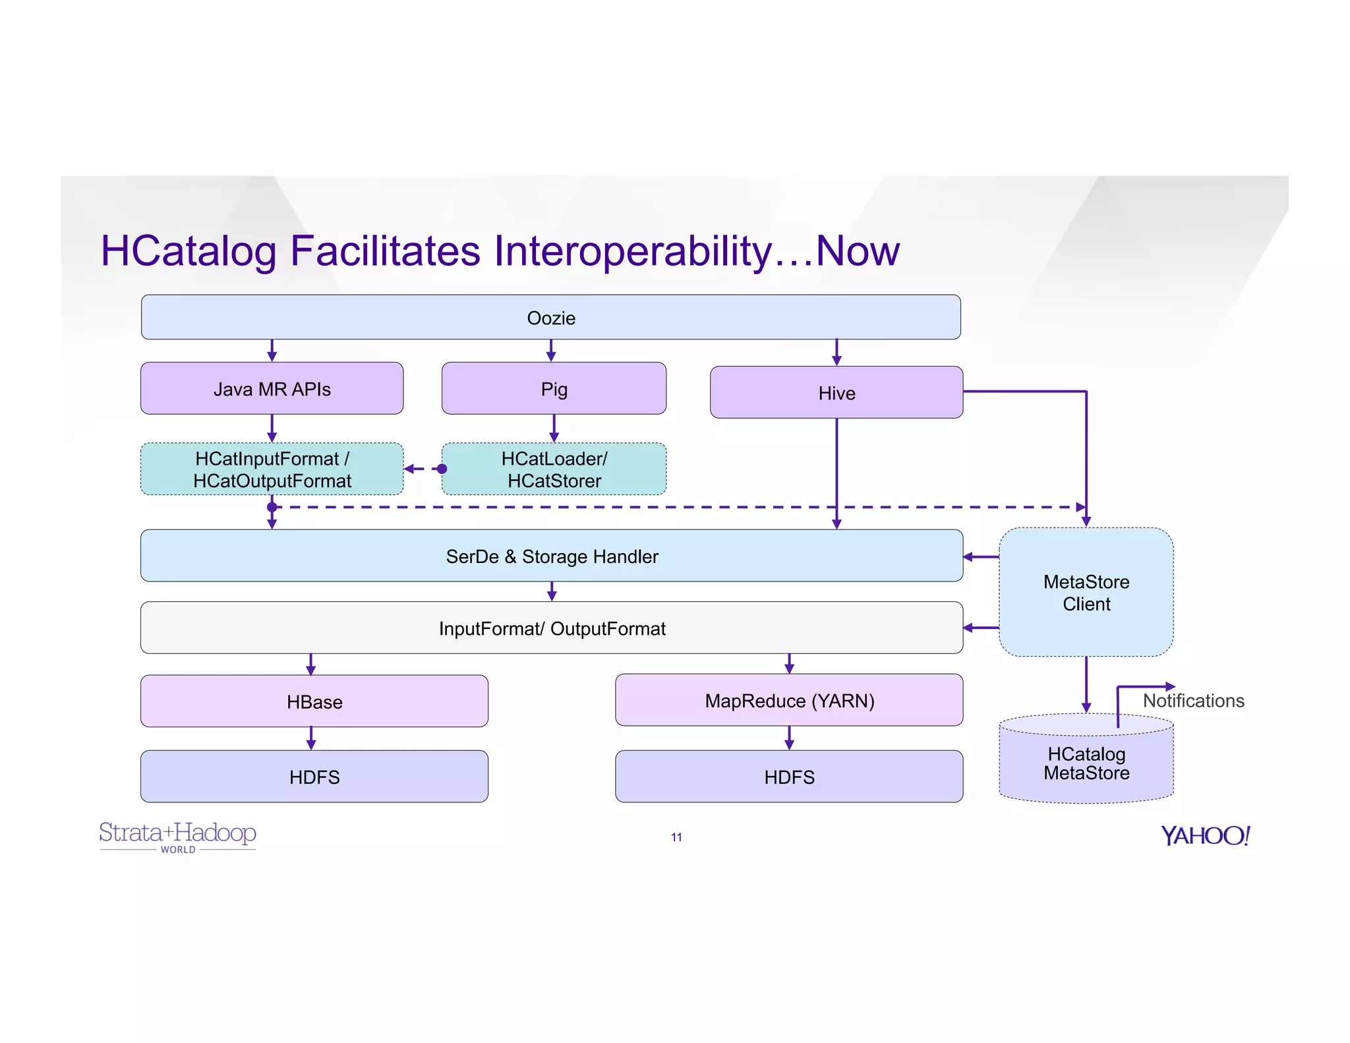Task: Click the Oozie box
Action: coord(550,317)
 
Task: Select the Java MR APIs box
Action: coord(272,388)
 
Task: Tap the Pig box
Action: coord(554,388)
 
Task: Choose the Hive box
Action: coord(836,392)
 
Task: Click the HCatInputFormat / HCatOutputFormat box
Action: coord(272,469)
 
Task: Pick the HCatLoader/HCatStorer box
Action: coord(554,469)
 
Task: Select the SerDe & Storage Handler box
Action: coord(551,556)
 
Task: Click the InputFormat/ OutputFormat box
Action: coord(551,628)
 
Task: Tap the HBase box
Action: coord(314,701)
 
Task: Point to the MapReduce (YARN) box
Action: coord(789,700)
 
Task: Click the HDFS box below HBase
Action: coord(314,776)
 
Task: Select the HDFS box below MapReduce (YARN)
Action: coord(789,776)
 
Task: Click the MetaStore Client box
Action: coord(1086,592)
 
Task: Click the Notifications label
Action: coord(1193,700)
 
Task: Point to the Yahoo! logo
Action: coord(1205,835)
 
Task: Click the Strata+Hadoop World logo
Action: coord(177,836)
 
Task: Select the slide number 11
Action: coord(676,837)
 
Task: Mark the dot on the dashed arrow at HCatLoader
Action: coord(442,469)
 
